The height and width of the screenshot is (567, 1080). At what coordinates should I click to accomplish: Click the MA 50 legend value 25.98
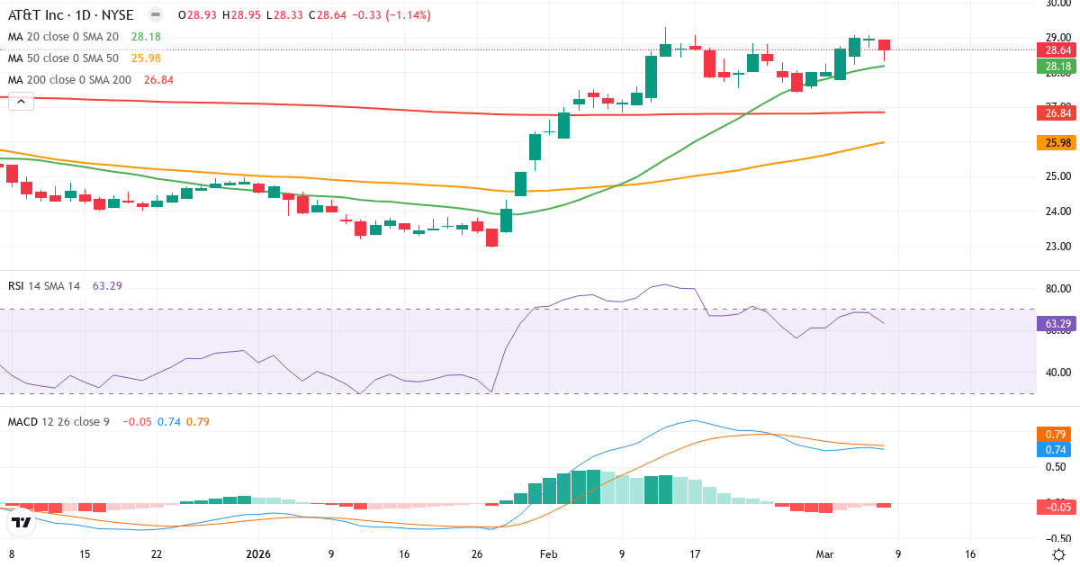146,58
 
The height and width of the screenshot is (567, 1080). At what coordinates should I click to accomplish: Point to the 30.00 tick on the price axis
1057,4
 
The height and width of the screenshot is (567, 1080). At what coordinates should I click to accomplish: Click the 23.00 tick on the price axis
1057,247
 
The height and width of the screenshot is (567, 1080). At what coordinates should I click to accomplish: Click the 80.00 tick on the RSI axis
1057,289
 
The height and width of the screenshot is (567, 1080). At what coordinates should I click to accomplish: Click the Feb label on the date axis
548,555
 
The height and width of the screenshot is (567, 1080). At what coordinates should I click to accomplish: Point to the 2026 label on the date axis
259,555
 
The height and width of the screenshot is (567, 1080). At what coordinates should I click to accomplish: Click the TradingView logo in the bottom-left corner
22,521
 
